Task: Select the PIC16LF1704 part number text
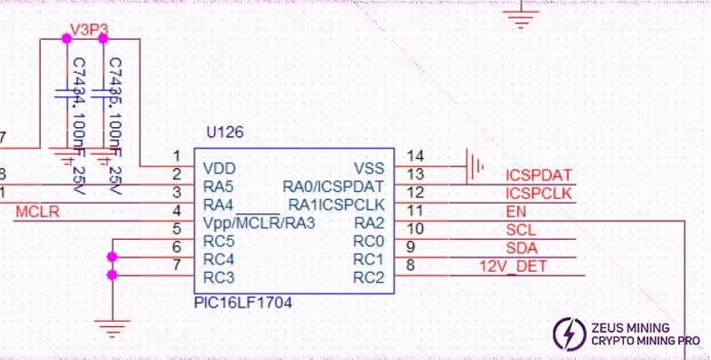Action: coord(243,303)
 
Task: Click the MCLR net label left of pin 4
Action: coord(37,211)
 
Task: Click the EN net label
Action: coord(516,212)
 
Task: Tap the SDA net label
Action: coord(522,247)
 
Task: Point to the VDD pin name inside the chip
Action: coord(220,168)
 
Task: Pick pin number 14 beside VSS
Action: coord(415,156)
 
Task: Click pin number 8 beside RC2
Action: coord(411,264)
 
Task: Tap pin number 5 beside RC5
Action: coord(177,228)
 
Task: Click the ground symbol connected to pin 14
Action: coord(476,164)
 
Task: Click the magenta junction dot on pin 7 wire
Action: coord(112,275)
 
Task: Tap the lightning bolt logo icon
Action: coord(567,333)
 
